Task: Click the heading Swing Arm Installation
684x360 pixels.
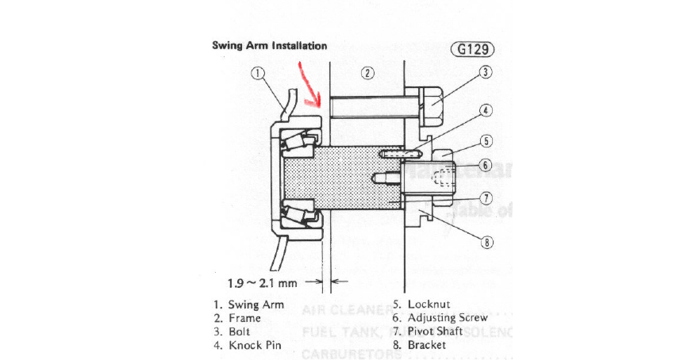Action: coord(269,46)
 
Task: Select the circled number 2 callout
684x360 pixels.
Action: coord(367,74)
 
